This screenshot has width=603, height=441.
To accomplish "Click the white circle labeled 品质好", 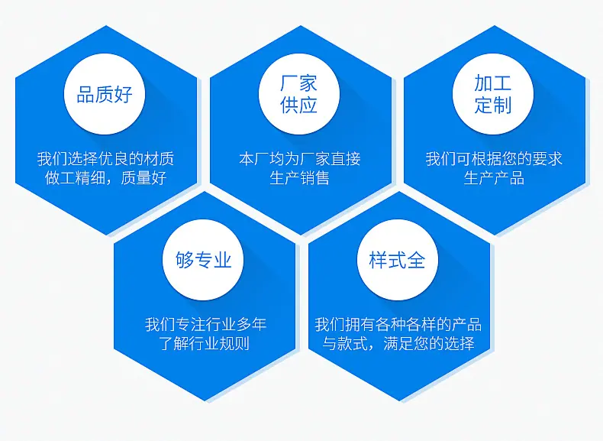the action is (x=105, y=94).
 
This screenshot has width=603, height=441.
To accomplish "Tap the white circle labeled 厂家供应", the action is (x=299, y=94).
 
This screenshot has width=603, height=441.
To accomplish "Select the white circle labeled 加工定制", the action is (x=493, y=94).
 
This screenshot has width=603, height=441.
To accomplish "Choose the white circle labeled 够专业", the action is (x=203, y=260).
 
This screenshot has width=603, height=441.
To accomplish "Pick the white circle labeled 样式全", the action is (x=397, y=260).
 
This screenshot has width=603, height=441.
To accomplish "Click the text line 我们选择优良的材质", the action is (x=106, y=159).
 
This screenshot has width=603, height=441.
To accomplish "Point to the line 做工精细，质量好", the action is (x=106, y=177).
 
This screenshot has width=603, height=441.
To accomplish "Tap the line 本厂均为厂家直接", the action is (x=299, y=159).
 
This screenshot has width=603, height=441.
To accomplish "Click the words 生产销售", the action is (x=299, y=177).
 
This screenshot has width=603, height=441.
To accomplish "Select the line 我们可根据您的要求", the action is (x=494, y=159).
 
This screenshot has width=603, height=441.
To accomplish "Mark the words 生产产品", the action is (x=494, y=177).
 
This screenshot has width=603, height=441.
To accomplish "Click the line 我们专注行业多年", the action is (x=206, y=324).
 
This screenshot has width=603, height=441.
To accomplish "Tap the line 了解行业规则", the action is (x=205, y=343).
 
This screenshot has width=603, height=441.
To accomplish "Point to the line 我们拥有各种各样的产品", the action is (x=398, y=324).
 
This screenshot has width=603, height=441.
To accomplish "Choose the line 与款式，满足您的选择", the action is (x=398, y=343).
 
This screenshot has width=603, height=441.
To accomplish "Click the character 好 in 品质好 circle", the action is (x=124, y=94).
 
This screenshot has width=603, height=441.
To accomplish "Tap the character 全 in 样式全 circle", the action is (x=416, y=260).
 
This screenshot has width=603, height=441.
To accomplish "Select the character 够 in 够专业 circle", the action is (x=185, y=260).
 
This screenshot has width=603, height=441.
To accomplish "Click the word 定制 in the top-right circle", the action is (x=493, y=105).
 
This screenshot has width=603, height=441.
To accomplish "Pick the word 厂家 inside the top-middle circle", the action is (x=298, y=83).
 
